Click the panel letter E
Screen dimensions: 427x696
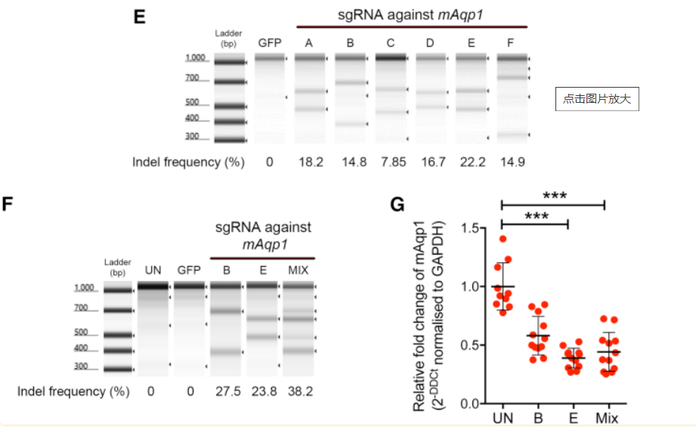tap(139, 17)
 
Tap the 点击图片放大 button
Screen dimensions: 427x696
tap(597, 98)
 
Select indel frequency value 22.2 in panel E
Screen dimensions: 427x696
tap(471, 162)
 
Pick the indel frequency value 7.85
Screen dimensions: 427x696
tap(390, 162)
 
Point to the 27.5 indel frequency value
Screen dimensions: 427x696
tap(226, 391)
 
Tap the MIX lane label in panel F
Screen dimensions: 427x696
tap(299, 270)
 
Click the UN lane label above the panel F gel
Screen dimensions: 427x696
tap(153, 270)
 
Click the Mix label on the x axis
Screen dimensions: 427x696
tap(605, 419)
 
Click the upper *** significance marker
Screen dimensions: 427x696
tap(554, 195)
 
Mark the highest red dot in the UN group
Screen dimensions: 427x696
tap(503, 239)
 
